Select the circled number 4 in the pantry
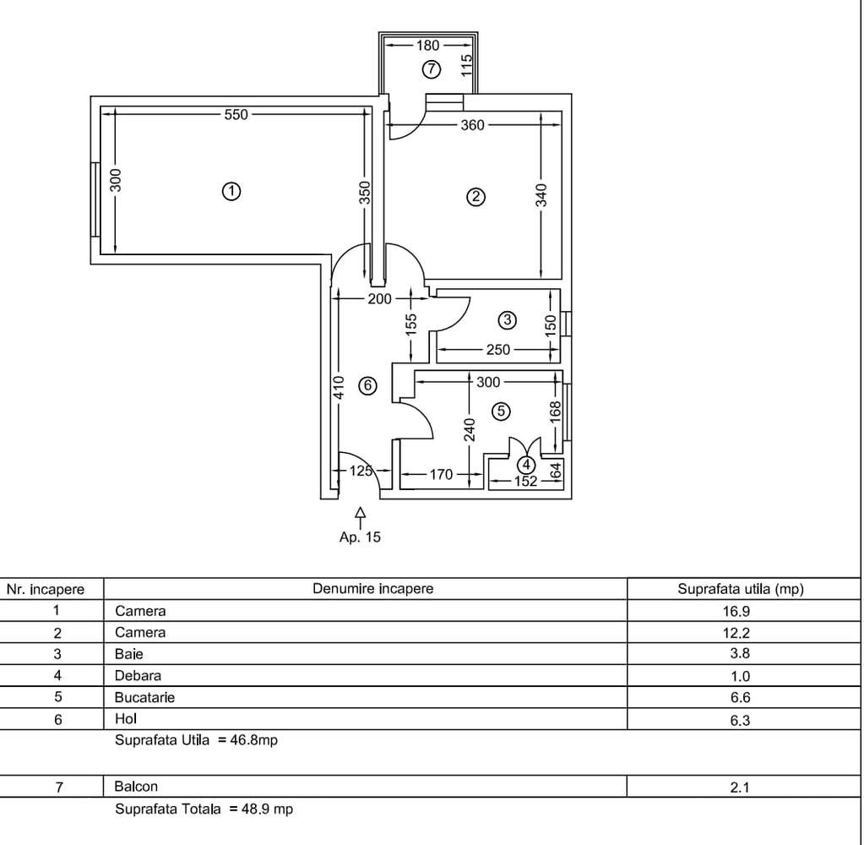[x=526, y=464]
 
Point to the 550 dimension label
[x=236, y=115]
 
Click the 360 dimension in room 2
[x=472, y=125]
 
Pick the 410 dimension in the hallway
[x=339, y=387]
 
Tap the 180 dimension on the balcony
[x=428, y=46]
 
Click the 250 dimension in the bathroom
[x=497, y=350]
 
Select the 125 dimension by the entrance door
[x=361, y=472]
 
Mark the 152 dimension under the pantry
[x=525, y=482]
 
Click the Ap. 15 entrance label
[x=361, y=537]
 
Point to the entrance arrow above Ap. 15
[x=361, y=514]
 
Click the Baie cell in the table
[x=124, y=653]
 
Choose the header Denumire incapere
[x=372, y=588]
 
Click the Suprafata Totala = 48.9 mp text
[x=204, y=809]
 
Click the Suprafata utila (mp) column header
[x=740, y=588]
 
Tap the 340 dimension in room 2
[x=542, y=197]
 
